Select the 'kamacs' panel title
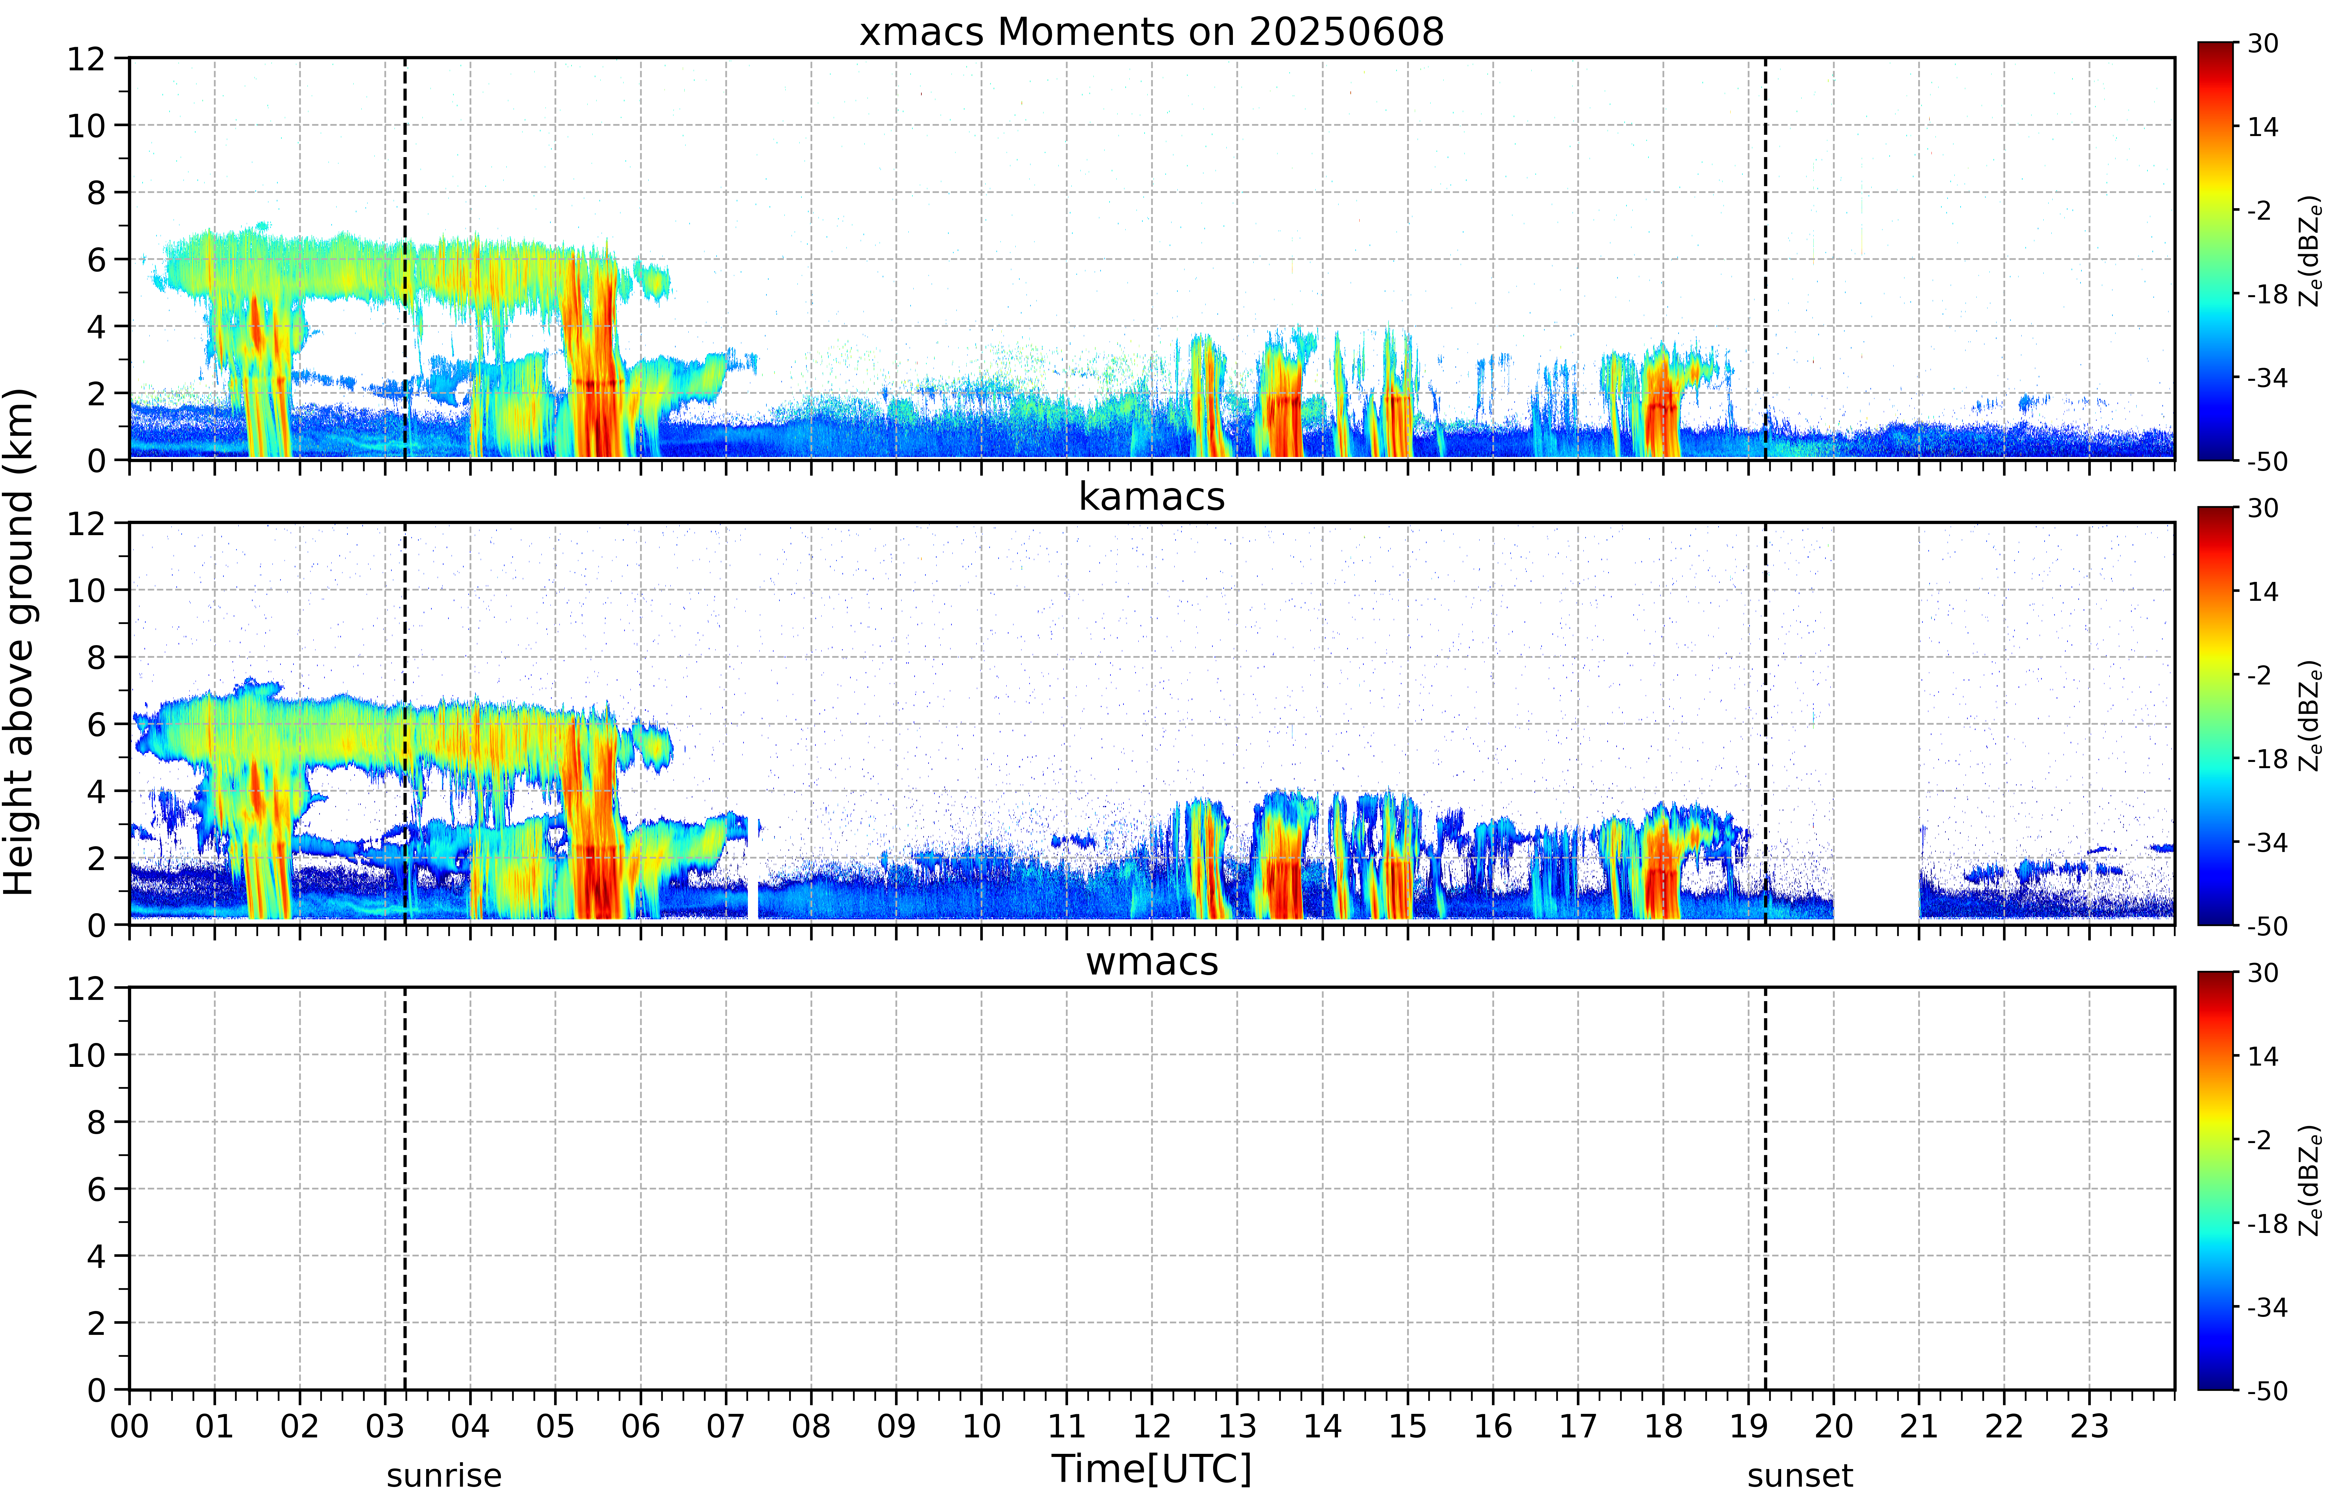pyautogui.click(x=1151, y=497)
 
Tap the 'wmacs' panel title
pyautogui.click(x=1151, y=961)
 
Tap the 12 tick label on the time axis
pyautogui.click(x=1151, y=1426)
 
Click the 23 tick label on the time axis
pyautogui.click(x=2089, y=1426)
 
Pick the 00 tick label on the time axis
pyautogui.click(x=129, y=1426)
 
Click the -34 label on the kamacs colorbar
pyautogui.click(x=2266, y=843)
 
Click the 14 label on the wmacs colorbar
pyautogui.click(x=2262, y=1056)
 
